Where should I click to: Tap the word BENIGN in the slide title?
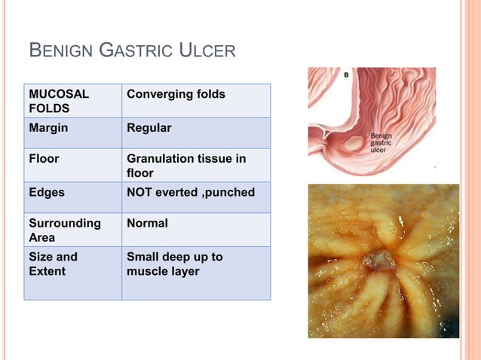coord(60,51)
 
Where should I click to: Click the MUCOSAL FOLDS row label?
coord(59,102)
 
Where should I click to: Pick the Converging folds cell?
coord(176,95)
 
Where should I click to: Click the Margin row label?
coord(48,128)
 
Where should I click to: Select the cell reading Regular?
coord(149,128)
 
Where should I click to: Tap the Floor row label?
coord(44,160)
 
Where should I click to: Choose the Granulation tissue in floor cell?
coord(186,166)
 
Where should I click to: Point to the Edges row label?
coord(47,193)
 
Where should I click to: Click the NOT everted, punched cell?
coord(191,193)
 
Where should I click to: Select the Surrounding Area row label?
coord(65,230)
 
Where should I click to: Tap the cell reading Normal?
coord(147,224)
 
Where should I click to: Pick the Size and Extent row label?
coord(53,264)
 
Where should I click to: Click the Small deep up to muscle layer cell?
coord(175,264)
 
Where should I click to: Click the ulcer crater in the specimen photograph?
coord(375,261)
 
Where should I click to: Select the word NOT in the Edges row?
coord(140,193)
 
